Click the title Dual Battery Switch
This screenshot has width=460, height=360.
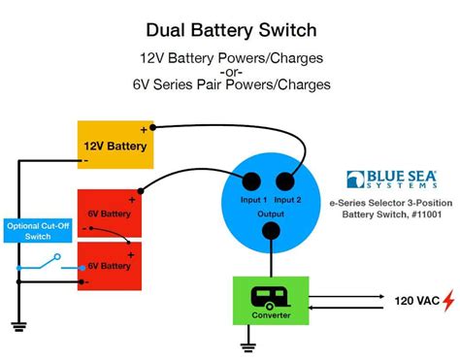(x=230, y=31)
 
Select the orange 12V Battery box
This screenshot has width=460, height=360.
(x=115, y=146)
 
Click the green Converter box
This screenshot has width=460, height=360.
(x=272, y=301)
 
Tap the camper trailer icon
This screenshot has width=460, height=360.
(x=272, y=295)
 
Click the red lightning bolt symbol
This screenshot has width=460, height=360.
(x=447, y=301)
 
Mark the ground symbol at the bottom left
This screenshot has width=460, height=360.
(x=18, y=327)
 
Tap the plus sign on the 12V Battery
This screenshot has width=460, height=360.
(x=145, y=129)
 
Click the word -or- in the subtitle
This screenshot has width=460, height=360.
(x=230, y=73)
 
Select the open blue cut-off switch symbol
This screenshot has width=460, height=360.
(x=44, y=262)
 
